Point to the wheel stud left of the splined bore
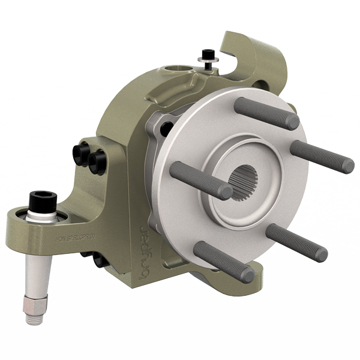click(200, 180)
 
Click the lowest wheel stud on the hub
click(224, 262)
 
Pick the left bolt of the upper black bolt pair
click(83, 154)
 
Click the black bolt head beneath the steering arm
click(97, 259)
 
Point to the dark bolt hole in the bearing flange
click(166, 128)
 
